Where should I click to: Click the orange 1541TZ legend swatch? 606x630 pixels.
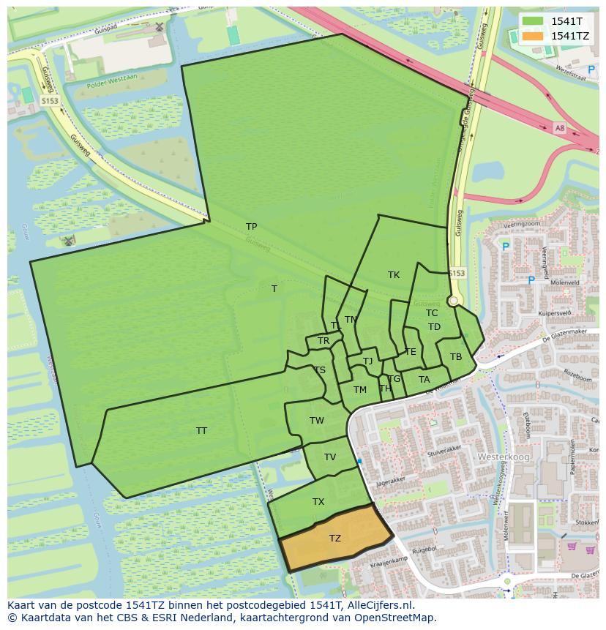[x=533, y=36]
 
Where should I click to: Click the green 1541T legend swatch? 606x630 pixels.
[x=533, y=21]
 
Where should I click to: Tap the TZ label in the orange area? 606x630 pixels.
[x=335, y=539]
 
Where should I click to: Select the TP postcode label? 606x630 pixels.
[x=251, y=227]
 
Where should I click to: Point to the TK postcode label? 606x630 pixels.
[x=394, y=275]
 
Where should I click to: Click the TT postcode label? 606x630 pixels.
[x=201, y=431]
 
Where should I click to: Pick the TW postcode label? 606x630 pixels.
[x=317, y=421]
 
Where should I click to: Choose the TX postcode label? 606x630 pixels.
[x=318, y=502]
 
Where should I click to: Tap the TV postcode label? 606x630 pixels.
[x=330, y=457]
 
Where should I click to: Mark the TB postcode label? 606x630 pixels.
[x=456, y=357]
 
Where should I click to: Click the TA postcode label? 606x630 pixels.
[x=424, y=380]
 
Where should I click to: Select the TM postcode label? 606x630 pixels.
[x=360, y=390]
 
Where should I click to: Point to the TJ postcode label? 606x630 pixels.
[x=368, y=361]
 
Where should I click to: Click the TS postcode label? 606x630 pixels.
[x=320, y=370]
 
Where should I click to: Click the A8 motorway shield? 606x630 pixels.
[x=560, y=128]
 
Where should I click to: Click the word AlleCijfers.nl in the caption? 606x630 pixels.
[x=379, y=605]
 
